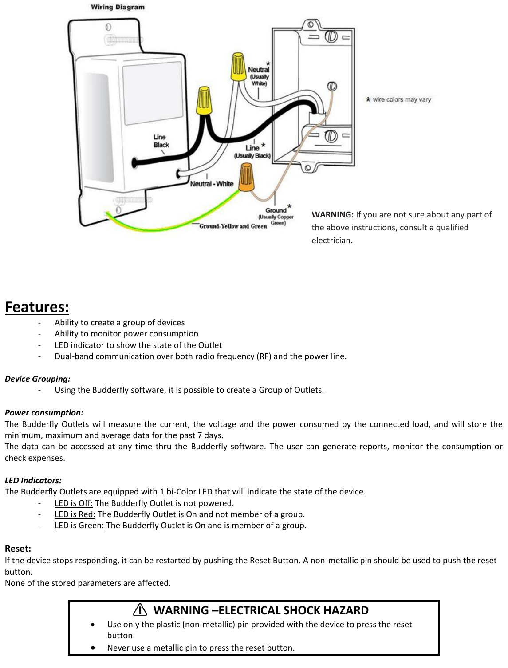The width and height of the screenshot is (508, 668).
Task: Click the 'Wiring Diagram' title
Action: pos(118,7)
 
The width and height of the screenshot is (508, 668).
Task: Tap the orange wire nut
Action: pos(246,177)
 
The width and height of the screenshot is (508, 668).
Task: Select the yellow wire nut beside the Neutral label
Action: pos(238,67)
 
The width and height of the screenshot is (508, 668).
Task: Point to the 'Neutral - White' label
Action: pos(212,184)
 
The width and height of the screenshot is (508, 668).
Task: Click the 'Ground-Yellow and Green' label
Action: pos(233,226)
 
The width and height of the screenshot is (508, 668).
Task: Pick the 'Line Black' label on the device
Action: pos(161,141)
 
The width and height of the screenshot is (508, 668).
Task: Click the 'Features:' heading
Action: pos(37,307)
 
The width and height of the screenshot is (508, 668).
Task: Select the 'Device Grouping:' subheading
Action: pos(38,379)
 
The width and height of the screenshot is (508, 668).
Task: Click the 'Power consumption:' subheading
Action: pos(44,413)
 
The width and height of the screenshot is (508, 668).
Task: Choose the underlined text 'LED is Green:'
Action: pos(79,526)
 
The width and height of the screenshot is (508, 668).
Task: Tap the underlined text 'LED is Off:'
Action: pos(73,503)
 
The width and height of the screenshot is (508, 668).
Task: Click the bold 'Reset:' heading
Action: pos(18,549)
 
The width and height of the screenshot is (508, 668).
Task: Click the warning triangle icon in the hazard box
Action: pos(140,610)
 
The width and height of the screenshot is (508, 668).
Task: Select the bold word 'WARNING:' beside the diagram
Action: pos(332,215)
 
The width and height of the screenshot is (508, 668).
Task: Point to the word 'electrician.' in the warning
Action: pos(332,241)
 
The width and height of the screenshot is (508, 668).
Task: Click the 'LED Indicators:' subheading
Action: pos(33,481)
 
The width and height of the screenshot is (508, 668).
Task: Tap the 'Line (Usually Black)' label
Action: pos(252,151)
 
